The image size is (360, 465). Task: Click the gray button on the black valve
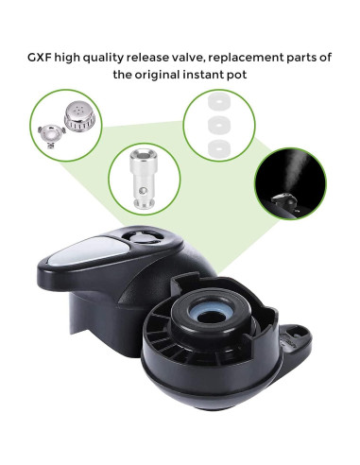[80, 251]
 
